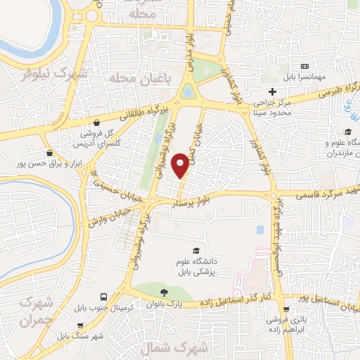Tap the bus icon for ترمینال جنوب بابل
pos(103,297)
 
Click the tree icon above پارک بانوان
pos(165,292)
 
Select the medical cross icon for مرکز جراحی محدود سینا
pos(272,91)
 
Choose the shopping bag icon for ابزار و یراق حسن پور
pos(49,152)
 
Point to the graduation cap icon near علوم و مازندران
pos(347,131)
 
